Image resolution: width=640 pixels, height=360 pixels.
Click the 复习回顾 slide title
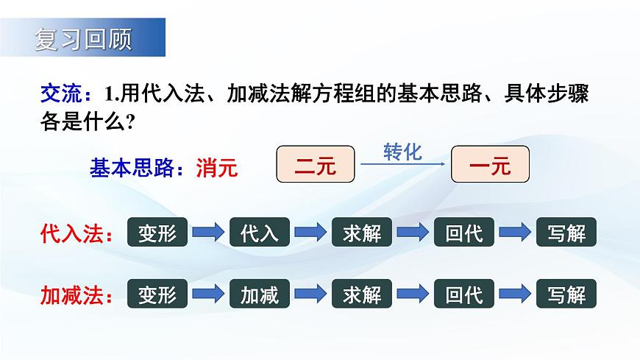coord(82,39)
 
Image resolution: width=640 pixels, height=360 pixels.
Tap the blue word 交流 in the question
coord(57,95)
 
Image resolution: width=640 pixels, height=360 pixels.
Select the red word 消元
coord(217,168)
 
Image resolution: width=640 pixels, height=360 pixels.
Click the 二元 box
coord(315,165)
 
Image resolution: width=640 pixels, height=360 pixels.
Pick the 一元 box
coord(490,165)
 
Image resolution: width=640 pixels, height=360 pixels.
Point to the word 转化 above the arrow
coord(402,152)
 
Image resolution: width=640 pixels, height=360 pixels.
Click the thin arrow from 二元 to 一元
coord(402,165)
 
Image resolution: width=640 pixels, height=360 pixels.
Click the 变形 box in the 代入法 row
coord(157,233)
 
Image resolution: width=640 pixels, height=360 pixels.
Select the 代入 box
coord(260,233)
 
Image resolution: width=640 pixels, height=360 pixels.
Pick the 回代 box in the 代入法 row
coord(464,233)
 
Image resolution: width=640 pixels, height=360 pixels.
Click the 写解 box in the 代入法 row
coord(566,233)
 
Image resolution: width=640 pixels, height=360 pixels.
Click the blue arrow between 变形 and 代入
coord(208,233)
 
